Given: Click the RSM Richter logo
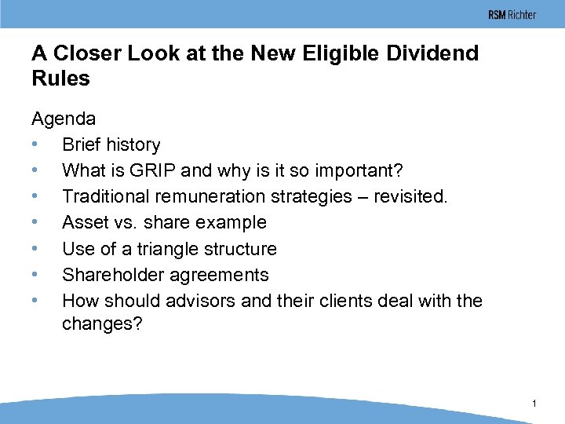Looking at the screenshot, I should [x=512, y=15].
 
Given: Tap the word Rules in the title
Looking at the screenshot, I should [x=60, y=79].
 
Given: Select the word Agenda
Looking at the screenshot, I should [x=64, y=119].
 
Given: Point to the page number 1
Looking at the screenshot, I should [x=534, y=404].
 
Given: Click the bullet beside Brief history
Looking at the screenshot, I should [x=35, y=145].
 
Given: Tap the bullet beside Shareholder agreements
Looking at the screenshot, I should [x=35, y=276].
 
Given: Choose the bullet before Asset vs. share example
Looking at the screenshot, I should [x=35, y=223].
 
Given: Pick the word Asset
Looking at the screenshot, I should [x=86, y=222].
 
